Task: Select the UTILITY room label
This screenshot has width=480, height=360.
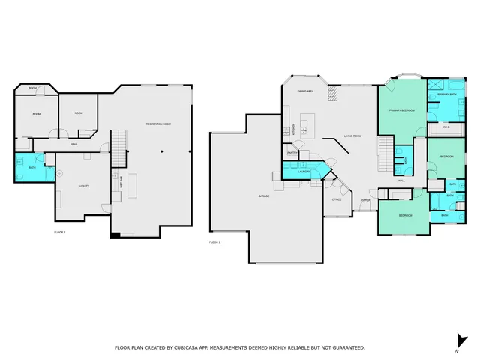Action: pyautogui.click(x=85, y=185)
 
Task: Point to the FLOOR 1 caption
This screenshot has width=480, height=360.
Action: pyautogui.click(x=60, y=232)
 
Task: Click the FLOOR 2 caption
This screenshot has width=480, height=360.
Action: pyautogui.click(x=214, y=242)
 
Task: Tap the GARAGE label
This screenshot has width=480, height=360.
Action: pyautogui.click(x=264, y=196)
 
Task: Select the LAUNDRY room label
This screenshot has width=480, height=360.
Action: pyautogui.click(x=304, y=172)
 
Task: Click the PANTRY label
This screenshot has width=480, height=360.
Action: pyautogui.click(x=292, y=153)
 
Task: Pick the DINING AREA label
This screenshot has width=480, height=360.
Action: pyautogui.click(x=305, y=91)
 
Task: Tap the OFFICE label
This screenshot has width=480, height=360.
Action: pyautogui.click(x=337, y=200)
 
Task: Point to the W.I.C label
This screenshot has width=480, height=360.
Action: pyautogui.click(x=445, y=127)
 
